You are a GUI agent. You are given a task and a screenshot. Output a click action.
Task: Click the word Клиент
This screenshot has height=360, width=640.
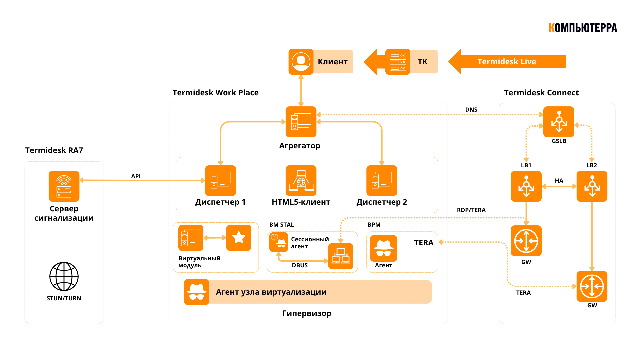(x=332, y=62)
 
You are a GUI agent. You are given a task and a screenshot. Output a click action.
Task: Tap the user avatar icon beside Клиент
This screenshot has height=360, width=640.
(x=301, y=62)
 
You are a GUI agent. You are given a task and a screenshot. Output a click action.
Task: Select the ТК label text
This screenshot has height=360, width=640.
(x=422, y=62)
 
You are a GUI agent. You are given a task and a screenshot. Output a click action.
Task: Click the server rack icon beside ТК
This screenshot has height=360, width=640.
(x=398, y=62)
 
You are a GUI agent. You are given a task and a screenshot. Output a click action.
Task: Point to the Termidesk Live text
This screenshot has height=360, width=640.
(x=507, y=62)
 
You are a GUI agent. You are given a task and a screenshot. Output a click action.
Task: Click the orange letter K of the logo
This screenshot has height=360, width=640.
(x=552, y=28)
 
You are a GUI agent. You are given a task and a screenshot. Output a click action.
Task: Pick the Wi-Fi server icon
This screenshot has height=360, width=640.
(x=64, y=186)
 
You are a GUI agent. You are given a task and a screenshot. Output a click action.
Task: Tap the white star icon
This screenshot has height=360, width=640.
(x=239, y=238)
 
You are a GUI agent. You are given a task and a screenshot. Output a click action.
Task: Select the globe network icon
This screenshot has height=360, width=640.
(x=301, y=181)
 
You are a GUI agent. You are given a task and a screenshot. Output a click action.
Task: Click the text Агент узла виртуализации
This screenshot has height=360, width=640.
(x=271, y=292)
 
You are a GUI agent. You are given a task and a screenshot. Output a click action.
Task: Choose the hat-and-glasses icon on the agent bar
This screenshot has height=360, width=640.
(x=197, y=292)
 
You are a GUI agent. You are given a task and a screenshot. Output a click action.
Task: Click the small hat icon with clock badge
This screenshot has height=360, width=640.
(x=279, y=242)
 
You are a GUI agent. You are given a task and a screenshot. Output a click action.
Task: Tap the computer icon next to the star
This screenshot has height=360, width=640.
(x=191, y=238)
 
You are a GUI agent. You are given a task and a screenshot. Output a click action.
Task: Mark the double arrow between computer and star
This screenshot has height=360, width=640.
(x=215, y=238)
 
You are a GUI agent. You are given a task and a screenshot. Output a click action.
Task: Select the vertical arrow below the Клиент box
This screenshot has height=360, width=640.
(x=301, y=91)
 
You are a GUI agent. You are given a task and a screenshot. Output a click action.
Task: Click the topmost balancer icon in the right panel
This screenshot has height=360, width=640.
(x=559, y=122)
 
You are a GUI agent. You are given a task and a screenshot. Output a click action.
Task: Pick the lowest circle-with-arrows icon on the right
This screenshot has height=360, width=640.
(x=592, y=286)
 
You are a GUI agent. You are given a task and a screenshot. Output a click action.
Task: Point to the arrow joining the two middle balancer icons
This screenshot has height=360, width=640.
(x=559, y=186)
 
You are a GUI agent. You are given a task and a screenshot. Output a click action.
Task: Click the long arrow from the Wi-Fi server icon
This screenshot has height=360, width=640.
(x=142, y=180)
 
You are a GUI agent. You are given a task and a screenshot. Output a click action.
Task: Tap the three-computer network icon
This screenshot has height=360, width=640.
(x=341, y=256)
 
